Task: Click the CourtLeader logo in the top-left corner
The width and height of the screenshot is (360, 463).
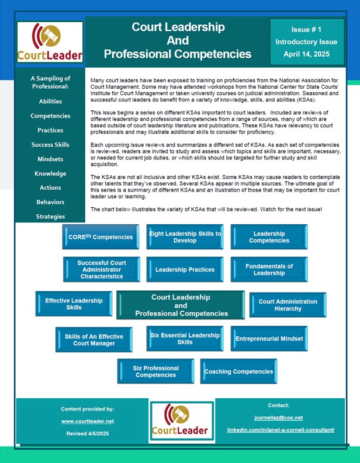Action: point(50,43)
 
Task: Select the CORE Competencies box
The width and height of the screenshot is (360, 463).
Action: point(101,237)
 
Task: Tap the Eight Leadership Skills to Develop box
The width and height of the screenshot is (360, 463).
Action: point(185,237)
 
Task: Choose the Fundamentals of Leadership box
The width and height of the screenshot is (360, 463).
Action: point(269,270)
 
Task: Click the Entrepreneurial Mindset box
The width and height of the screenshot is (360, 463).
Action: point(269,339)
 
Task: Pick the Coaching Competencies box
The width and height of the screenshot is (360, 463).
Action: point(238,371)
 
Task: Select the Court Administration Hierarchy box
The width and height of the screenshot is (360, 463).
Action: point(288,305)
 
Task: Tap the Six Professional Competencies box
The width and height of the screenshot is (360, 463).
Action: point(155,371)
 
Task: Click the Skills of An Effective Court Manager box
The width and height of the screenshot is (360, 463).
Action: point(94,339)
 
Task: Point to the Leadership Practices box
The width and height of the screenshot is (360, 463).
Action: point(185,270)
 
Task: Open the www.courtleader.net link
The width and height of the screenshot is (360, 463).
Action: point(88,421)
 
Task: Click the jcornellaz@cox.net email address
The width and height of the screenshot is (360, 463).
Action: point(278,417)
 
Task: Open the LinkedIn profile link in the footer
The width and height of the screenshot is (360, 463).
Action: point(281,430)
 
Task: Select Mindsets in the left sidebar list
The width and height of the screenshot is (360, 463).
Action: point(50,159)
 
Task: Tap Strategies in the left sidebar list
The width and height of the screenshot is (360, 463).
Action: point(50,216)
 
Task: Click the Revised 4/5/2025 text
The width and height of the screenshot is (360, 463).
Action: point(88,433)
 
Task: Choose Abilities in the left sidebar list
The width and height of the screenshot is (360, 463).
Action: point(50,101)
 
